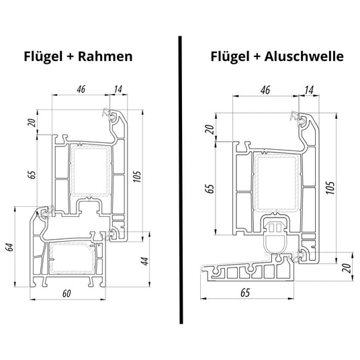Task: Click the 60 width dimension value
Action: pyautogui.click(x=66, y=294)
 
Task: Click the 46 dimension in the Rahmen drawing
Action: pyautogui.click(x=81, y=88)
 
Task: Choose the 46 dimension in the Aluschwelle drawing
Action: pyautogui.click(x=265, y=88)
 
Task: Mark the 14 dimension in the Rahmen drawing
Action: pyautogui.click(x=118, y=88)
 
